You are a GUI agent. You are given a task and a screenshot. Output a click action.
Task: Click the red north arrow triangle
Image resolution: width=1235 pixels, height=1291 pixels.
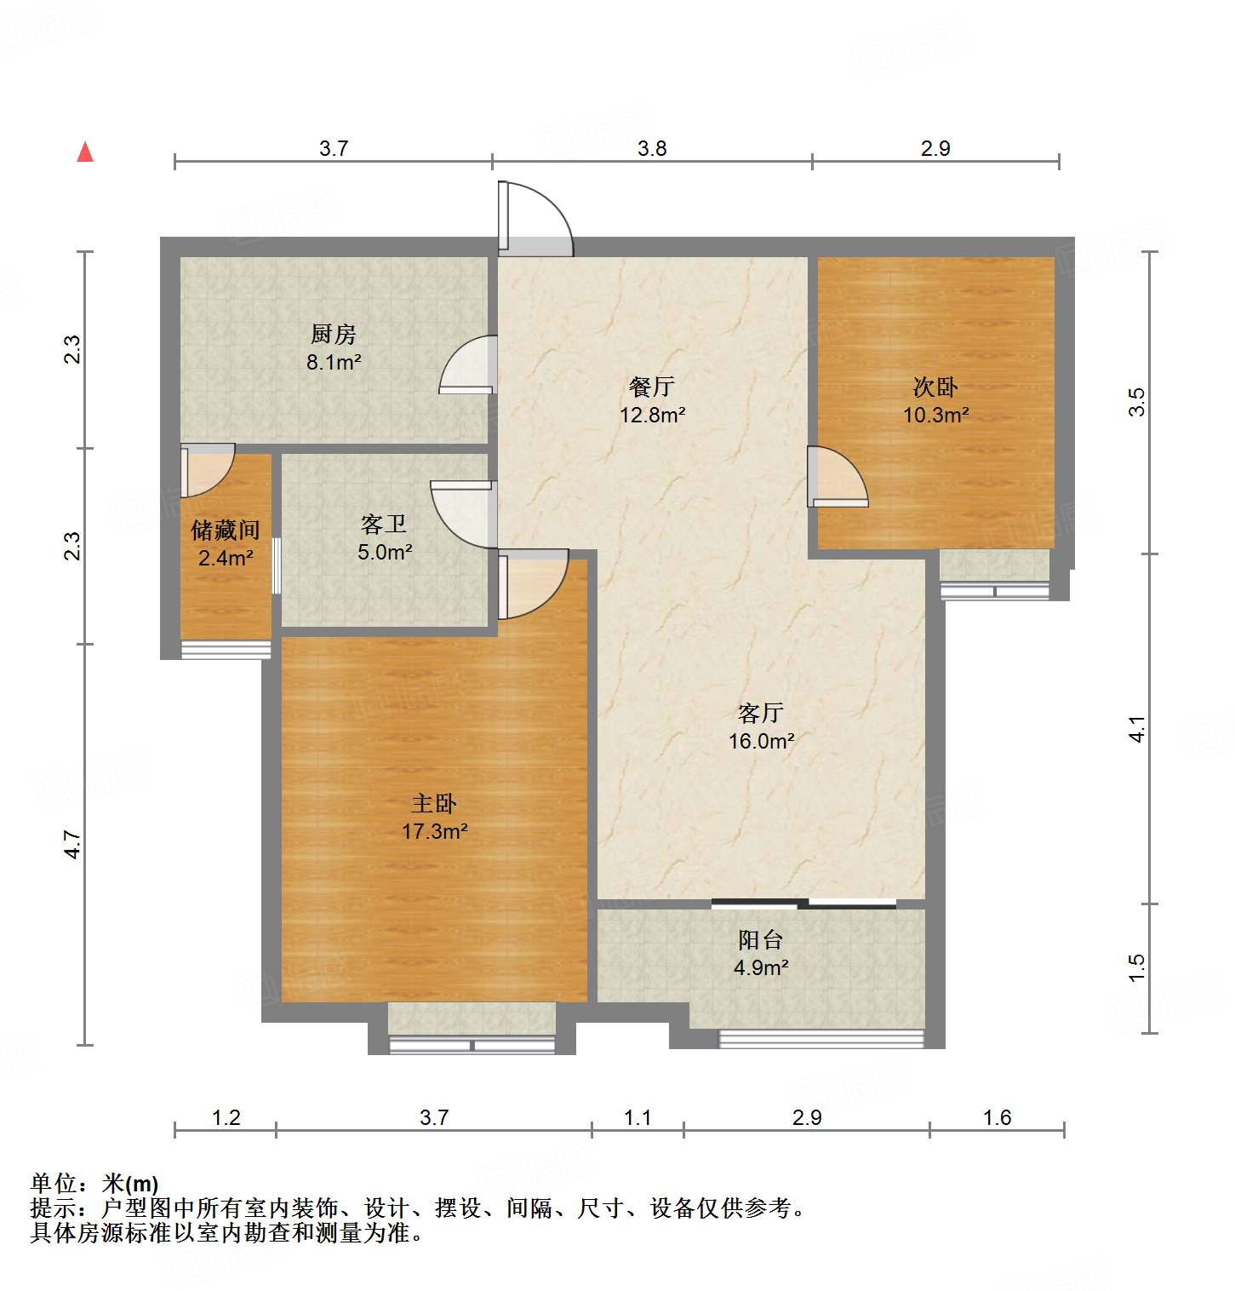point(85,152)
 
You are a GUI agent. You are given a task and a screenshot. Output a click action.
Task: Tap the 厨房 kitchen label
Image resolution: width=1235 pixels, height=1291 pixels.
point(333,334)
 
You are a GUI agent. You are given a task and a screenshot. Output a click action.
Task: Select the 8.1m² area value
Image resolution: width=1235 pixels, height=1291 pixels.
point(334,362)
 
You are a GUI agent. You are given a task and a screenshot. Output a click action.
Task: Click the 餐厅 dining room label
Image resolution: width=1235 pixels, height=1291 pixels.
point(652,387)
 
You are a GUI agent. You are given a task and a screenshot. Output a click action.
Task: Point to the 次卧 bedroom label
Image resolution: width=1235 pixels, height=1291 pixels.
point(935,387)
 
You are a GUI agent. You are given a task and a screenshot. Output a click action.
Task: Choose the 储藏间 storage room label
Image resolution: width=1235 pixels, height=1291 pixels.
point(225,531)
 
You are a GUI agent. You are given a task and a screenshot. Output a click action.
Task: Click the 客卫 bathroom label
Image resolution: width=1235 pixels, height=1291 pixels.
point(384,524)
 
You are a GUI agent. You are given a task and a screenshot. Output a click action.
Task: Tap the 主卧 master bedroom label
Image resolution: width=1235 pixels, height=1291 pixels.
point(434,803)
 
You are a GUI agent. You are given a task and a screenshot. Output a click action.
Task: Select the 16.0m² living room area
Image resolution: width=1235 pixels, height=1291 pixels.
point(761,741)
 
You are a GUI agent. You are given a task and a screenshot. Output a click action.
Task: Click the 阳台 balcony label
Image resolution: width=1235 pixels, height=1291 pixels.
point(760,939)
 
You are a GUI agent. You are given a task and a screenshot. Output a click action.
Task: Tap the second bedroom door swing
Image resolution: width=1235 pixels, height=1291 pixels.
point(836,477)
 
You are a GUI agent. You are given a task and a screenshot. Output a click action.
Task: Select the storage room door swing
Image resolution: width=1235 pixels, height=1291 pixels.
point(206,470)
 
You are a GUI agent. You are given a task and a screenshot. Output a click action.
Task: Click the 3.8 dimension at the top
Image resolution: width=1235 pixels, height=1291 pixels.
point(652,148)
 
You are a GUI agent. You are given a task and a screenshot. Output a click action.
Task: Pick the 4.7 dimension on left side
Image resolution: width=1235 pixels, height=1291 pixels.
point(73,844)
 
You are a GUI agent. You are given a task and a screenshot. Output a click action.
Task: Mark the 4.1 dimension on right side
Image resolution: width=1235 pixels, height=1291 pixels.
point(1137,729)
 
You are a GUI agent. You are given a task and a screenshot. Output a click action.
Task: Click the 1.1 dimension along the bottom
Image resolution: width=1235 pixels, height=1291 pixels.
point(638,1117)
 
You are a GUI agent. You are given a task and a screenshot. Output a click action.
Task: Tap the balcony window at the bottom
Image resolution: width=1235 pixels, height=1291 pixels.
point(820,1038)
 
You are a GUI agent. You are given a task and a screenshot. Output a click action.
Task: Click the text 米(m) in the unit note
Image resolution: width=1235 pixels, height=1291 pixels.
point(130,1184)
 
